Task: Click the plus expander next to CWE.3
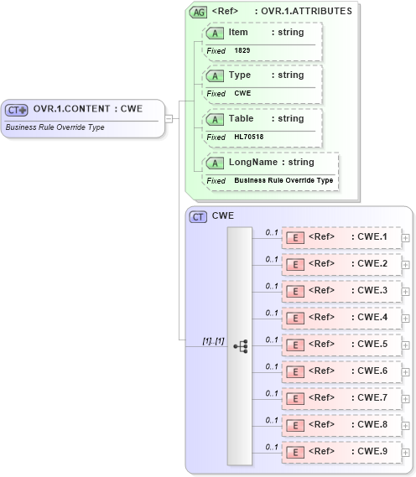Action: coord(406,292)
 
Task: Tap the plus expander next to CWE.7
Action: coord(406,398)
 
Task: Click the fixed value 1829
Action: coord(242,51)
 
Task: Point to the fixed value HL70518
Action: coord(249,137)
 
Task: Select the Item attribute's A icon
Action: coord(215,32)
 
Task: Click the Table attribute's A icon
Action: coord(215,119)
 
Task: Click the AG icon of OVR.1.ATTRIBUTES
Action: coord(199,12)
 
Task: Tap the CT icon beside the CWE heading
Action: coord(198,216)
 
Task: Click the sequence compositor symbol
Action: coord(241,345)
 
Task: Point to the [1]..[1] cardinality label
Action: coord(213,340)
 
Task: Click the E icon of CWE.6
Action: coord(295,371)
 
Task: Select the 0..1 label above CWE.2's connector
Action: coord(271,259)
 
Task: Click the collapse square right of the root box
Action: coord(169,118)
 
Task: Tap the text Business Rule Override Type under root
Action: coord(55,128)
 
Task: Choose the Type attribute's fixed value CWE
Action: coord(242,94)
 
